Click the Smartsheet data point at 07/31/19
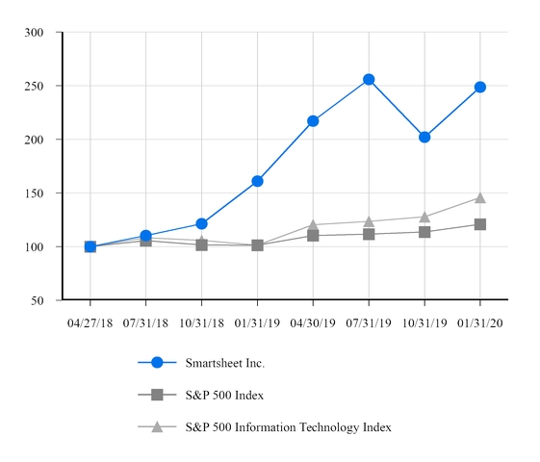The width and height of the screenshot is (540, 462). tap(369, 79)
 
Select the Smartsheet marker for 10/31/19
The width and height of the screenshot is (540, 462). tap(424, 137)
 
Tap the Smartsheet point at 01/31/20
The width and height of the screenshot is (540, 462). tap(479, 87)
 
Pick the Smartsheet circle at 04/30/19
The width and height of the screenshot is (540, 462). tap(313, 120)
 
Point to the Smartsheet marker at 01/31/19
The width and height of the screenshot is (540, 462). tap(257, 181)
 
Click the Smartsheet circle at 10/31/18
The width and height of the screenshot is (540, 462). tap(201, 223)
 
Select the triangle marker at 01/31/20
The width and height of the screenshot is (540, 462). tap(479, 197)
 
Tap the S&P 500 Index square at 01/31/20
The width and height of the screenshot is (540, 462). tap(479, 224)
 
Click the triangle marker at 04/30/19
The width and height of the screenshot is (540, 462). tap(313, 225)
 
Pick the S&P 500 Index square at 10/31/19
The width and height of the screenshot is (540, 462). tap(424, 232)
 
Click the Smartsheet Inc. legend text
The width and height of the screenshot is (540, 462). tap(224, 363)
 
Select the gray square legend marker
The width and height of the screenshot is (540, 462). tap(158, 395)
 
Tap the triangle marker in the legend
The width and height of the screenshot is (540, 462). tap(158, 426)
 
